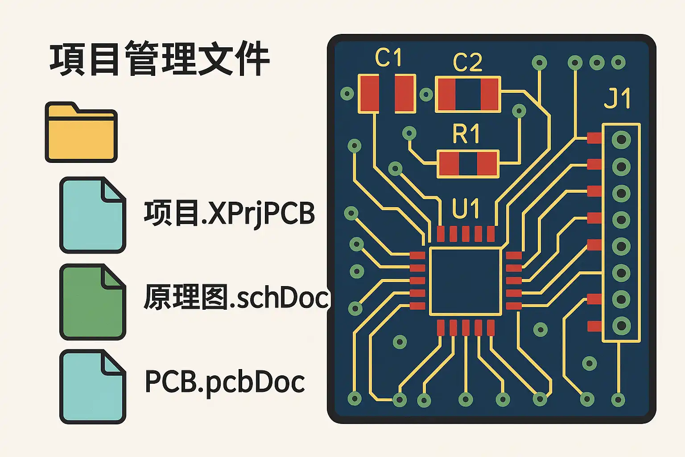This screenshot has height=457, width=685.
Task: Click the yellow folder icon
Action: coord(81,132)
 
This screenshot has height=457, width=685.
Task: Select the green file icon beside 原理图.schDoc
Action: coord(93,302)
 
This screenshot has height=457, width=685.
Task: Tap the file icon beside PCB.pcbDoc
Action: coord(93,387)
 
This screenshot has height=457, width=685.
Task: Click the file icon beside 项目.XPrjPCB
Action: coord(93,215)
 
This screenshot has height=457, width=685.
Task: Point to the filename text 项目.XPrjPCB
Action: coord(229,214)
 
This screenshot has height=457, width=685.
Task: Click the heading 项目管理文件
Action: coord(159,59)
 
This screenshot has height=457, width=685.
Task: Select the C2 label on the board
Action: coord(467,62)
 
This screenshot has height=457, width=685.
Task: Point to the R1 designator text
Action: coord(466,134)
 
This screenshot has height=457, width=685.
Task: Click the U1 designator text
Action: coord(466,209)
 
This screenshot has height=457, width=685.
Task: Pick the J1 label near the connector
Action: coord(617,98)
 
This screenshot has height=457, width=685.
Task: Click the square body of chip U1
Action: coord(466,281)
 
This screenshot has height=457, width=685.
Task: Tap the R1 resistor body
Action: coord(468,164)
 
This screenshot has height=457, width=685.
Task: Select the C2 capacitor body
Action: coord(468,95)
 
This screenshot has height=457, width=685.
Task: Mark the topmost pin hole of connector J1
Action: coord(621,140)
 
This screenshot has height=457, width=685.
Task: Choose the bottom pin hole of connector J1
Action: coord(621,326)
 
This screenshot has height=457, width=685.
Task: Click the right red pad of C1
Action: coord(405,94)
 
